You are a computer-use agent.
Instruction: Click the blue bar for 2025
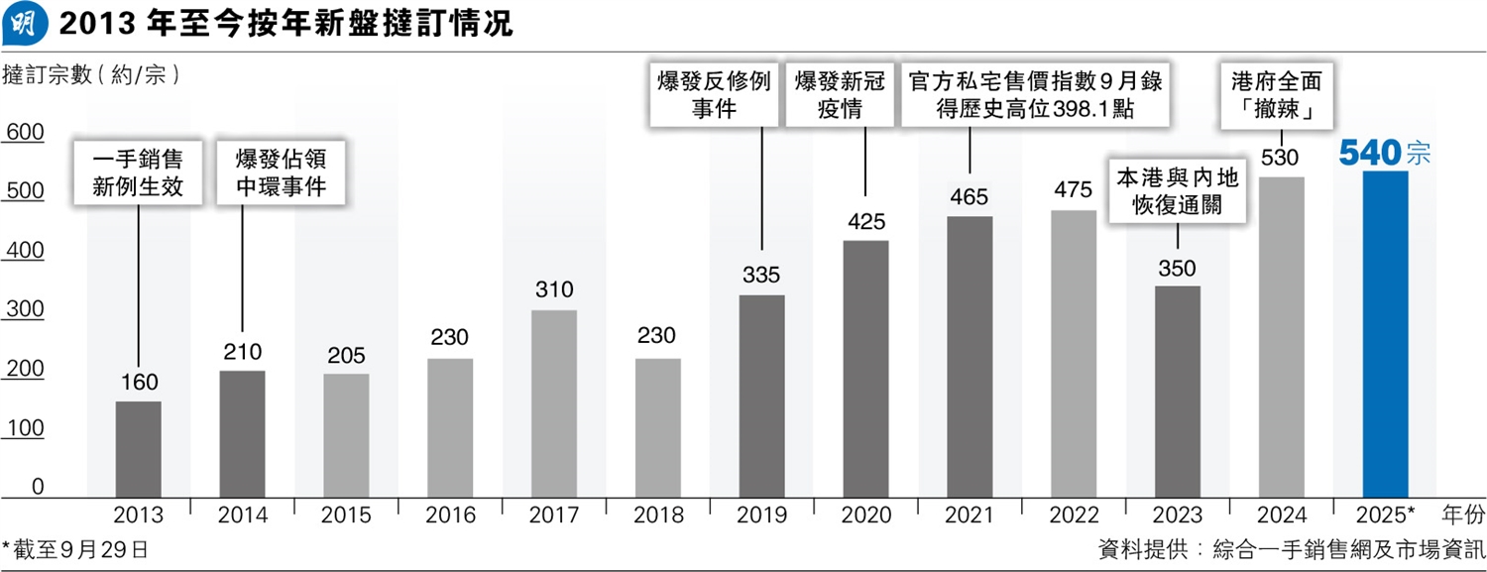click(1386, 333)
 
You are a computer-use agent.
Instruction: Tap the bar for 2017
click(554, 402)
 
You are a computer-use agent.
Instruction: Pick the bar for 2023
click(1177, 391)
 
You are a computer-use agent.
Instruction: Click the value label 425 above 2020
click(865, 222)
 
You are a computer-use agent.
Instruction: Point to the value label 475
click(1074, 190)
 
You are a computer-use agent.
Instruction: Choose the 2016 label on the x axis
click(450, 515)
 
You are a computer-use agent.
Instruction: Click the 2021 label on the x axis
click(970, 515)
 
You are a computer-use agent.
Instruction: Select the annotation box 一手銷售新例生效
click(138, 172)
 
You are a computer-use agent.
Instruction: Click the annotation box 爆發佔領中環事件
click(281, 172)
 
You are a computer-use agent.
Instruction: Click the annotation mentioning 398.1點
click(1034, 94)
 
